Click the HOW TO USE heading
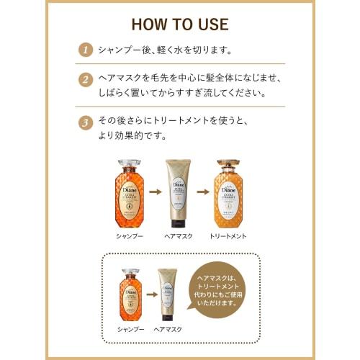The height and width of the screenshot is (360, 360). [x=179, y=23]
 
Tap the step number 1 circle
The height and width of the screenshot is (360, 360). [x=86, y=50]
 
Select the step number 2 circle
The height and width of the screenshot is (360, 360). [x=86, y=79]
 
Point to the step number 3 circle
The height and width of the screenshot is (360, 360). [x=86, y=122]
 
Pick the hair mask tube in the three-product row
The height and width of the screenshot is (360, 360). [x=180, y=191]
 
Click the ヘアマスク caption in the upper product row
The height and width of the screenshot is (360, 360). [x=180, y=235]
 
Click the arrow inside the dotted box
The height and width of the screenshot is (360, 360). [x=150, y=294]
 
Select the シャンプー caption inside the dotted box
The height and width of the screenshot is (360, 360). [x=130, y=328]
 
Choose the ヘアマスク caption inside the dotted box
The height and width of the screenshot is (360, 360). [x=168, y=328]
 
